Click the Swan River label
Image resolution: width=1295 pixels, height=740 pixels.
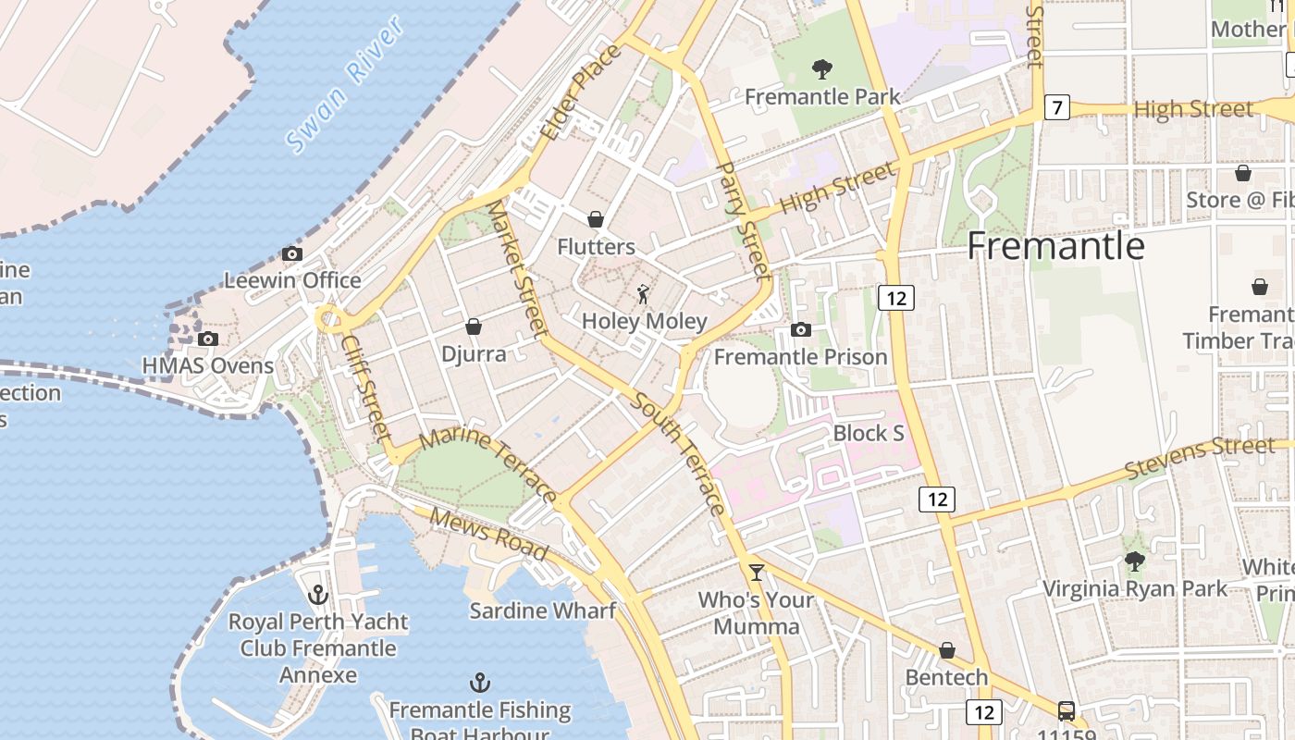point(345,85)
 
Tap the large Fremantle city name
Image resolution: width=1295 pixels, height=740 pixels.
point(1055,246)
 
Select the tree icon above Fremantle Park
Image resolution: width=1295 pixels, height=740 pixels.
point(821,68)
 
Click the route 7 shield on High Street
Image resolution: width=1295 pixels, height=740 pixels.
point(1056,108)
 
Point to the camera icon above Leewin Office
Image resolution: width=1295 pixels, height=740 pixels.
point(292,253)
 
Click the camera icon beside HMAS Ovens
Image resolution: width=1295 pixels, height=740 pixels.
point(208,339)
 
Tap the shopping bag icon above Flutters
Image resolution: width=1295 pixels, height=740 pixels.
point(596,219)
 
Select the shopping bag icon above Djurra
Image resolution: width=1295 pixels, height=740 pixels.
point(474,327)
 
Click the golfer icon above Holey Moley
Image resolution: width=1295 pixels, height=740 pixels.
point(644,295)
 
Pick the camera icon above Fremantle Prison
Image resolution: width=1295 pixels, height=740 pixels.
point(801,329)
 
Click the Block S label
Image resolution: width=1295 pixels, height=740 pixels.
point(868,433)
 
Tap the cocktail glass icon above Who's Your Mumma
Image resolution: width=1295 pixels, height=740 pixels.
point(757,573)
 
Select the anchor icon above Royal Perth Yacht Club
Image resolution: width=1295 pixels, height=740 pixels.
point(318,595)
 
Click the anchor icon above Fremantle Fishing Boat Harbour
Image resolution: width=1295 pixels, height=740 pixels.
point(479,684)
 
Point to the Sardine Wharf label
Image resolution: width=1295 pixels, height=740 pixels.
point(542,610)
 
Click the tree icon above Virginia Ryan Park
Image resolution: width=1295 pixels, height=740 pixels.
point(1135,561)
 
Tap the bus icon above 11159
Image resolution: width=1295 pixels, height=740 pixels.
point(1066,710)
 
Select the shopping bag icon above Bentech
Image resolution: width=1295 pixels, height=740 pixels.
point(946,650)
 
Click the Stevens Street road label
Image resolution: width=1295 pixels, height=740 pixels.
point(1200,457)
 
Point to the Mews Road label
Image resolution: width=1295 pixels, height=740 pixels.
point(487,534)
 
